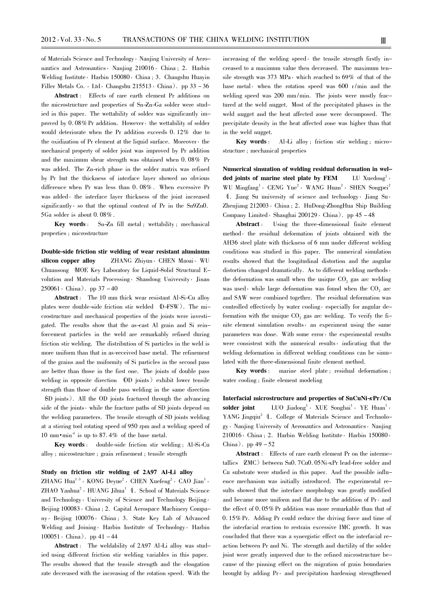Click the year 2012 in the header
[x=49, y=40]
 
